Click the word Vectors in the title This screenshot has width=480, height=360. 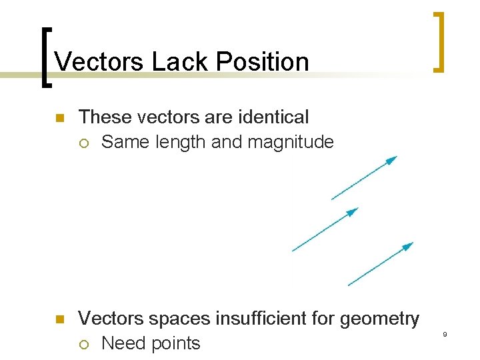pyautogui.click(x=99, y=62)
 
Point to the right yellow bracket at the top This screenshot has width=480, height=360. pyautogui.click(x=438, y=41)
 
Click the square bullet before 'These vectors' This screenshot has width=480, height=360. pyautogui.click(x=58, y=119)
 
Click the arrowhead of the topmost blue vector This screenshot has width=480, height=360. pyautogui.click(x=393, y=159)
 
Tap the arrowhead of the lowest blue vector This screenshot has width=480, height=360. pyautogui.click(x=409, y=245)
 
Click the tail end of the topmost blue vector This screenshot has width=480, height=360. pyautogui.click(x=332, y=199)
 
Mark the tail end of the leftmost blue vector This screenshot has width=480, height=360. pyautogui.click(x=293, y=251)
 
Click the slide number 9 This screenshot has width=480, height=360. pyautogui.click(x=444, y=334)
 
